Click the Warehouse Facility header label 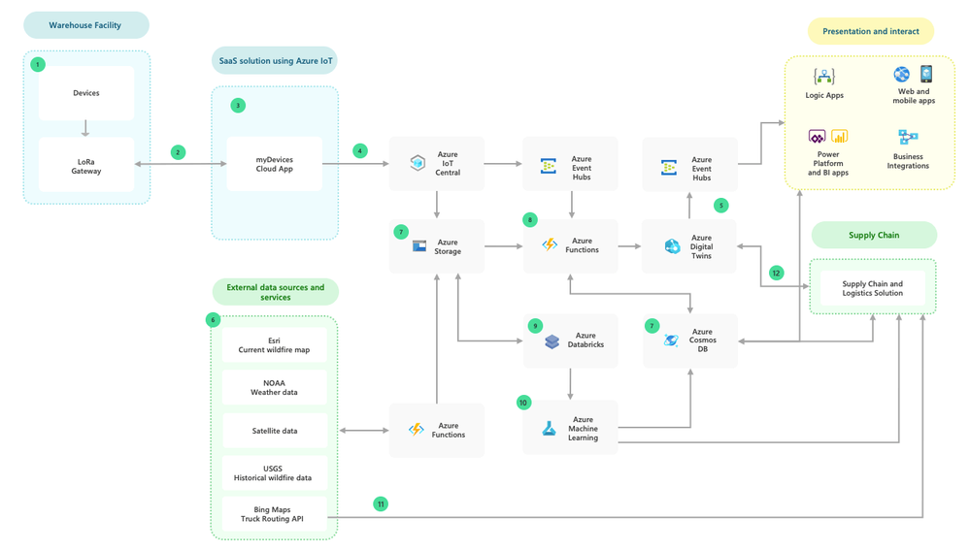(x=85, y=25)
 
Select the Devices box (x=86, y=93)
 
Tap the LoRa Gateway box (x=86, y=165)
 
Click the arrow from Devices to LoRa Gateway (x=86, y=128)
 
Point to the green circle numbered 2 (x=178, y=152)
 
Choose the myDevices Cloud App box (x=275, y=164)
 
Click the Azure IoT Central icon (x=418, y=163)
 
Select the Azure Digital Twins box (x=689, y=246)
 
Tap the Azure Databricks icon (x=552, y=341)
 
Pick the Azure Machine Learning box (x=570, y=428)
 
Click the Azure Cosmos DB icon (x=671, y=340)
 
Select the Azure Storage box (x=436, y=246)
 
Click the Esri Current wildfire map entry (x=275, y=345)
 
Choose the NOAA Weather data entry (x=275, y=388)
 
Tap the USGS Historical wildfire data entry (x=275, y=473)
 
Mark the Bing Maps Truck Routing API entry (x=275, y=514)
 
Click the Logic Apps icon (x=824, y=77)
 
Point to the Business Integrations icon (x=908, y=137)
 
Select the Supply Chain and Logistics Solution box (x=872, y=288)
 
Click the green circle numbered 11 (x=381, y=503)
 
